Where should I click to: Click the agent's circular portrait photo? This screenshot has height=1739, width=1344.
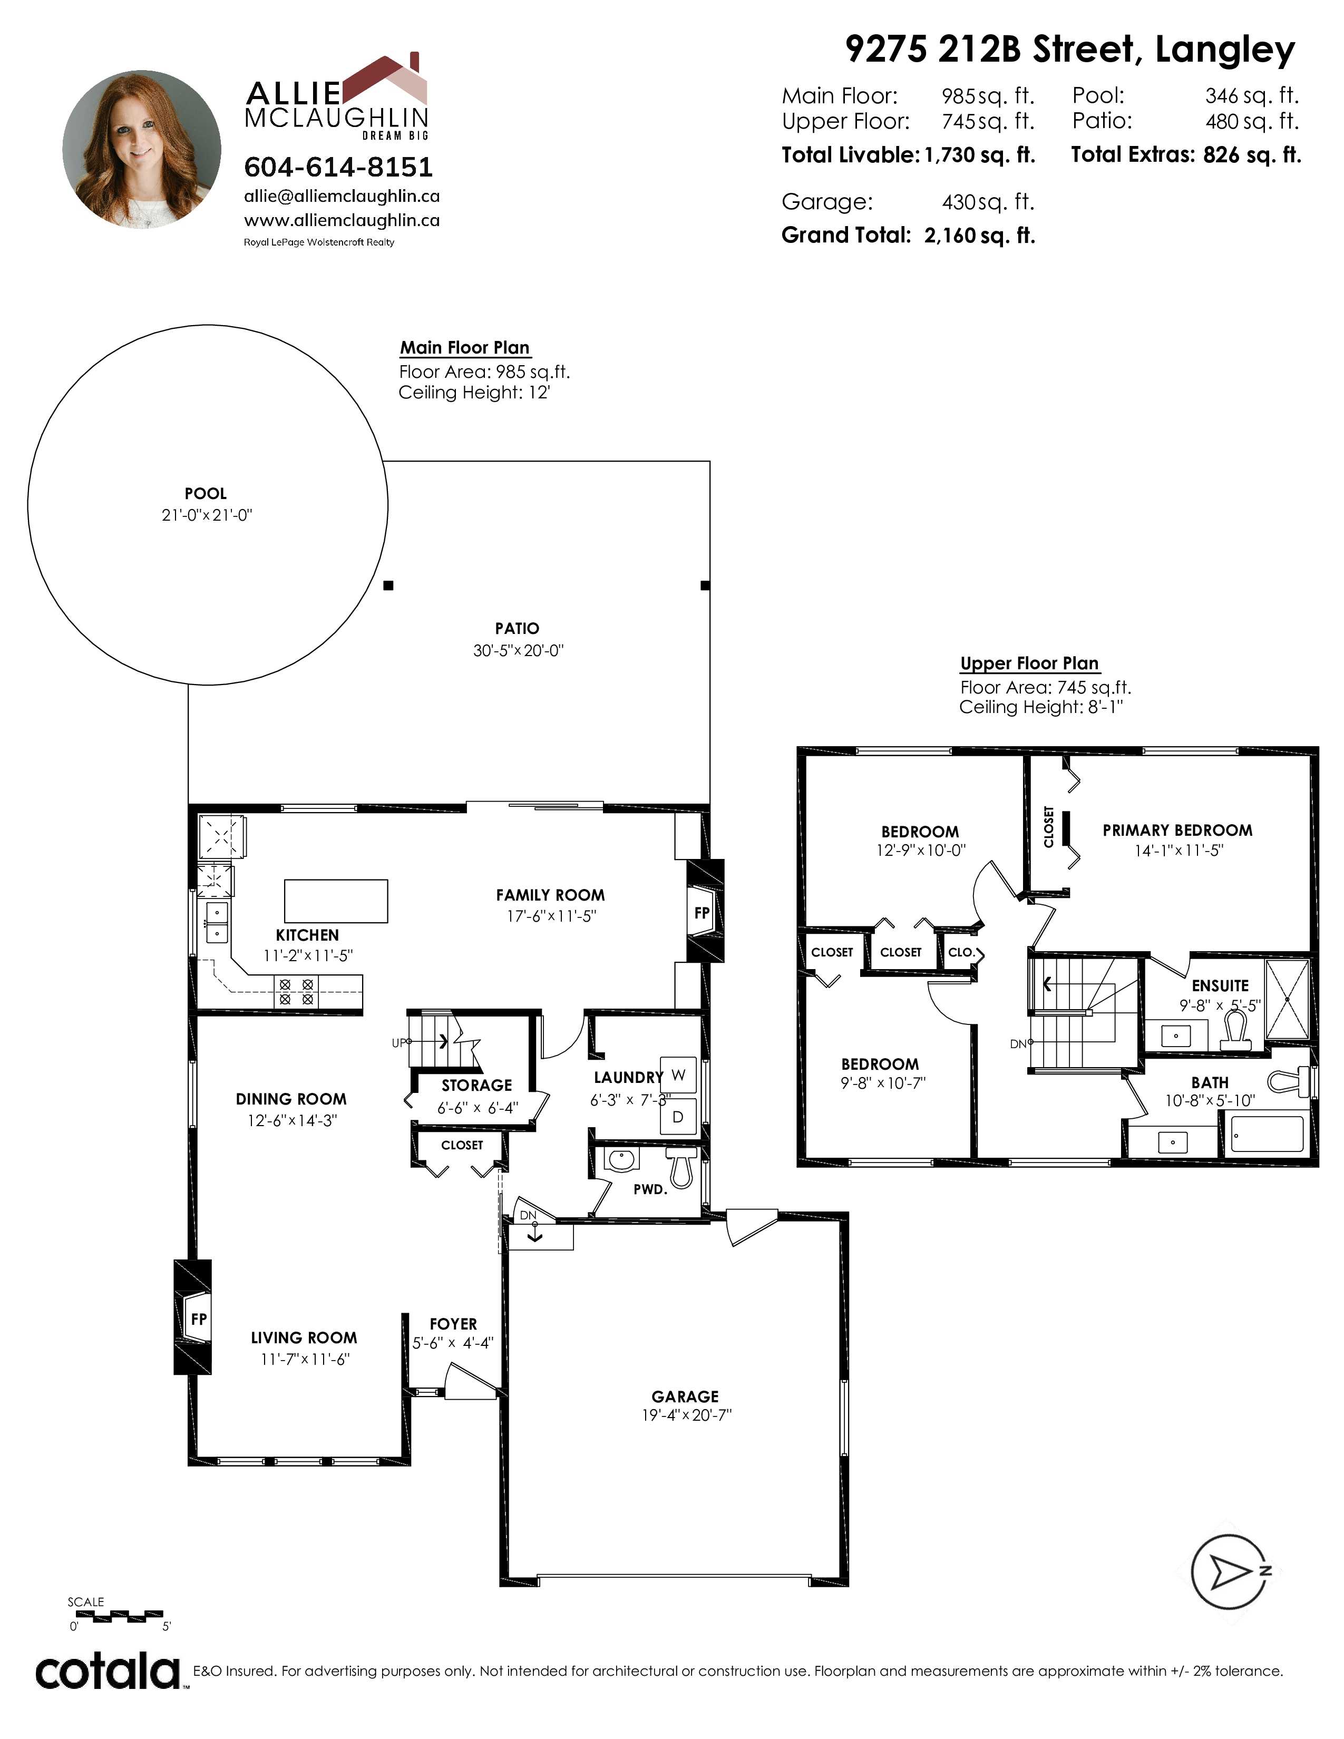(142, 149)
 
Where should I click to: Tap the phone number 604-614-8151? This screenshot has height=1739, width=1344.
(338, 167)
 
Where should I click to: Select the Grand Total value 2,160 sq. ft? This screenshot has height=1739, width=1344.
(979, 236)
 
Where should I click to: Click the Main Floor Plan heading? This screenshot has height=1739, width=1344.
(465, 348)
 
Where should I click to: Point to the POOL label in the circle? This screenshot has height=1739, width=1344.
(206, 494)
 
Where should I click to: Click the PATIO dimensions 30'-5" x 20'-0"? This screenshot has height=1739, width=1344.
(518, 650)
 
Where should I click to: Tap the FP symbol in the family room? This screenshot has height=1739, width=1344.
(702, 913)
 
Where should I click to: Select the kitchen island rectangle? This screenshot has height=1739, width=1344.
(336, 901)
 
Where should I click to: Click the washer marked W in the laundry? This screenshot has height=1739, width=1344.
(678, 1075)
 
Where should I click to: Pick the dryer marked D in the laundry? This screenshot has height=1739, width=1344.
(678, 1117)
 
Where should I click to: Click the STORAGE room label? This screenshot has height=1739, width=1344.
(477, 1085)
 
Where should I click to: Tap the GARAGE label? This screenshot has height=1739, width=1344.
(685, 1396)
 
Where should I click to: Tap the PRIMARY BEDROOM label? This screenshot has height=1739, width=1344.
(1177, 831)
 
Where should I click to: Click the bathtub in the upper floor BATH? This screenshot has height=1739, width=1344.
(1268, 1134)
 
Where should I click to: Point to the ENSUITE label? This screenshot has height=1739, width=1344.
(1220, 986)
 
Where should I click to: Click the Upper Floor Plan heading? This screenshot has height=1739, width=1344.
(1029, 663)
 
